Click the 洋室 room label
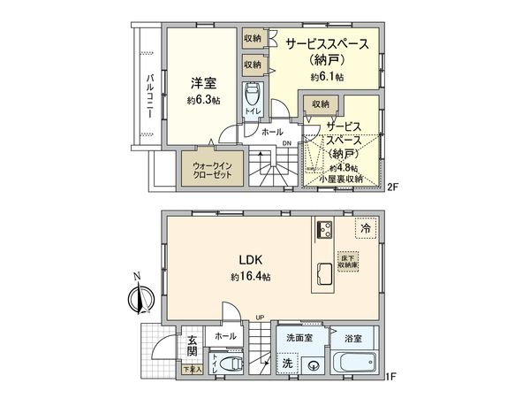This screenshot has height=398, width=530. [x=204, y=84]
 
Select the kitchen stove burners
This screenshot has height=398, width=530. [x=322, y=231]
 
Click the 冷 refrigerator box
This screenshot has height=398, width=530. [x=365, y=227]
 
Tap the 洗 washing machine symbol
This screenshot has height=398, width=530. [x=288, y=363]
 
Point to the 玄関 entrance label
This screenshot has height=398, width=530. [x=191, y=346]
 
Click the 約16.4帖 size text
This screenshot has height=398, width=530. [x=252, y=277]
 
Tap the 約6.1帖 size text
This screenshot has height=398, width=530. [x=327, y=77]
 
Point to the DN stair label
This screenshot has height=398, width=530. [x=286, y=144]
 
